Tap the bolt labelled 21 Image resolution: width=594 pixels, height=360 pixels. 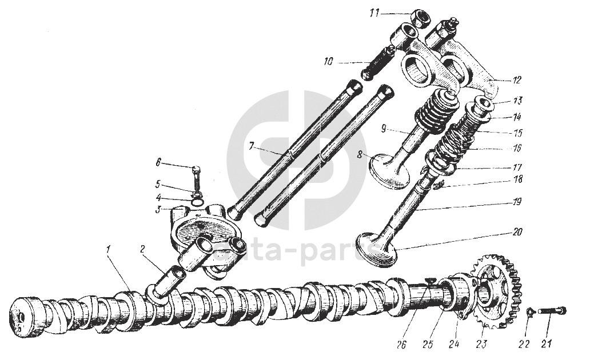click(552, 311)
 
